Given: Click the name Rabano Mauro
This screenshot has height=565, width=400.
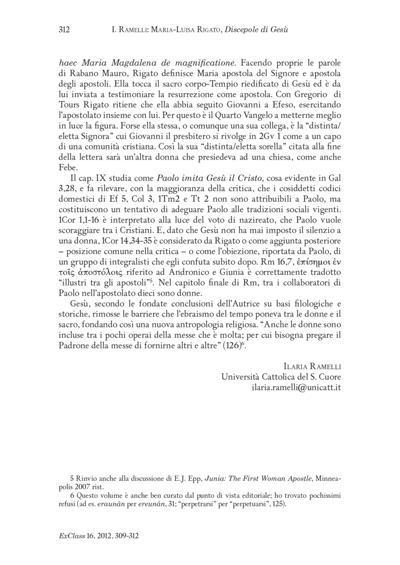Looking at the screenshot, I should [x=95, y=75].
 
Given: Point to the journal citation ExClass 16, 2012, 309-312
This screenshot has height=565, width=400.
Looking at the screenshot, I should [x=98, y=536].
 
